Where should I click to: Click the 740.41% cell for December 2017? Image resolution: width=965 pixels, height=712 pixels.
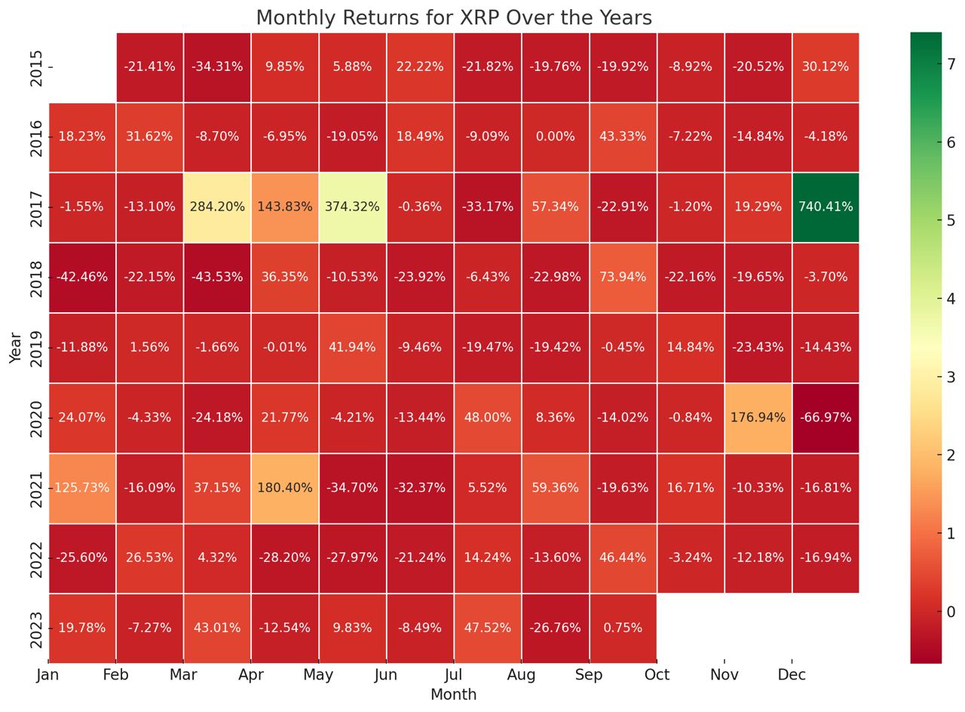click(826, 207)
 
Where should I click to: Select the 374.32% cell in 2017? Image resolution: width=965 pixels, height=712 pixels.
click(352, 207)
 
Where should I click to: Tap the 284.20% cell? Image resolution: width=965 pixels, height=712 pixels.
click(217, 207)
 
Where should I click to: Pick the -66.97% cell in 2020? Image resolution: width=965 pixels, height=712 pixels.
click(826, 417)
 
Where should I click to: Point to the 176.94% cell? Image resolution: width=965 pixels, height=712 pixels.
click(758, 417)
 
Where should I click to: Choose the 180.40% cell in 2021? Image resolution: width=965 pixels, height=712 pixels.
click(284, 487)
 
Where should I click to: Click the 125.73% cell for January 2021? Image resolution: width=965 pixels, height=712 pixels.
click(81, 487)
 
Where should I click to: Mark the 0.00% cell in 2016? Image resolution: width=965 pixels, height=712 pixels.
click(555, 137)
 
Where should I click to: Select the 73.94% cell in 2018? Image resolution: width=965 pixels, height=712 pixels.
click(622, 277)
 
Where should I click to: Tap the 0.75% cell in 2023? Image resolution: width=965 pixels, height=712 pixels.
click(622, 628)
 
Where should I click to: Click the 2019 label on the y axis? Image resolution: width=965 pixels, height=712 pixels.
click(36, 347)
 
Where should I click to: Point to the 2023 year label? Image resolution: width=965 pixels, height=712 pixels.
click(36, 628)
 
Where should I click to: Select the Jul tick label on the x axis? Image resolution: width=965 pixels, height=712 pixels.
click(453, 674)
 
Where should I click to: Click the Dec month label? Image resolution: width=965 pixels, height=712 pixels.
click(792, 674)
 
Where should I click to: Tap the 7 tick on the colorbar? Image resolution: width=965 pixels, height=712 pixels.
click(951, 64)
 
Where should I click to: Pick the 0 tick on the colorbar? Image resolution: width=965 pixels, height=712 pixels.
click(951, 611)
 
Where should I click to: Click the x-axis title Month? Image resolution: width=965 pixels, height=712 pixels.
click(453, 695)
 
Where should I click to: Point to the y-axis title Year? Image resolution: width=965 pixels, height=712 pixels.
click(16, 347)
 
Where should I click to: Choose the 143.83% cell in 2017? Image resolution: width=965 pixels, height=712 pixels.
click(284, 207)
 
